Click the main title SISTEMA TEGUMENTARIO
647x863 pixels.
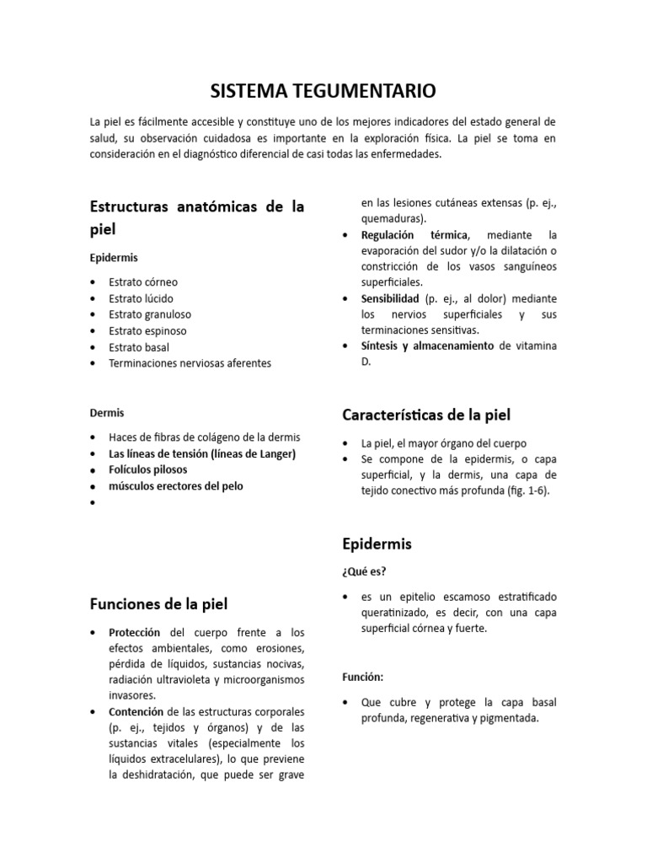[323, 90]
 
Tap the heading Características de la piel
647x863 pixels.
[426, 415]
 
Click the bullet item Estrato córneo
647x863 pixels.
[143, 282]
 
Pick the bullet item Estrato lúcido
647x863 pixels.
[142, 298]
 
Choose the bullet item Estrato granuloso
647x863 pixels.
[148, 314]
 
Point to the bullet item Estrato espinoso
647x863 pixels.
[147, 331]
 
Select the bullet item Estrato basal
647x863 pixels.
[139, 347]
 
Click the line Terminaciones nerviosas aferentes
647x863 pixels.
[190, 363]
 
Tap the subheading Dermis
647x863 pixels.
[107, 413]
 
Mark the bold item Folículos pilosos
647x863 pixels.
[148, 469]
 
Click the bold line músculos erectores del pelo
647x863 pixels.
[176, 486]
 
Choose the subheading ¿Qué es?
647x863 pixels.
[364, 571]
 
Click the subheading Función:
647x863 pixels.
[363, 676]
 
